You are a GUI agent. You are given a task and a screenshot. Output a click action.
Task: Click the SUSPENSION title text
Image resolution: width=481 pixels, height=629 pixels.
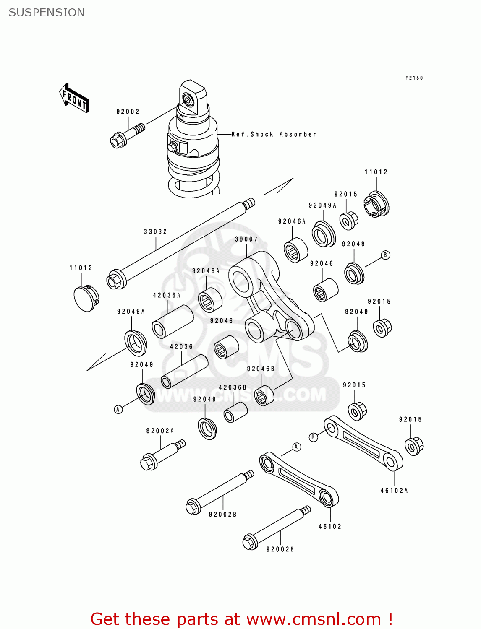tap(47, 13)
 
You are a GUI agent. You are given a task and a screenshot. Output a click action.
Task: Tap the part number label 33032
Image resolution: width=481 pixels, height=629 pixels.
tap(155, 231)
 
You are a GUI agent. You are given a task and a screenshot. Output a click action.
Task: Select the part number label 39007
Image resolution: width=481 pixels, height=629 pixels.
tap(246, 239)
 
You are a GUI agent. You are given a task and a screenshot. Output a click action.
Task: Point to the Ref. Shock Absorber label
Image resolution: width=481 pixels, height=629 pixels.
tap(274, 134)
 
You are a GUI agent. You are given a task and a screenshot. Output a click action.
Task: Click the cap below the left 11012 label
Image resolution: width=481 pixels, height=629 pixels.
tap(86, 298)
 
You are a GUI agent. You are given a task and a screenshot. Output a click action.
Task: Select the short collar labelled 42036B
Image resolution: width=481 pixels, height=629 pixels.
tap(235, 413)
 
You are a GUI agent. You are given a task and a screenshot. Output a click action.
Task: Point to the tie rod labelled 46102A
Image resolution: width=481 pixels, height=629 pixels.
tap(363, 443)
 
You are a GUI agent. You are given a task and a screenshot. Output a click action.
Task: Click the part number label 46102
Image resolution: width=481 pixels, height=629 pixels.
tap(330, 526)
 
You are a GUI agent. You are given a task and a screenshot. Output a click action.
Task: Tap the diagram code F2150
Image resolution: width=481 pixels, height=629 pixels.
tap(414, 78)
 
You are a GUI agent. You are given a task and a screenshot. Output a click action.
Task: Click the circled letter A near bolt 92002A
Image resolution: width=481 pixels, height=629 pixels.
tap(118, 409)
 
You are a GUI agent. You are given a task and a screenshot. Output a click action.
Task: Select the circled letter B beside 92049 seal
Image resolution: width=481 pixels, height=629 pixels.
tap(385, 255)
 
